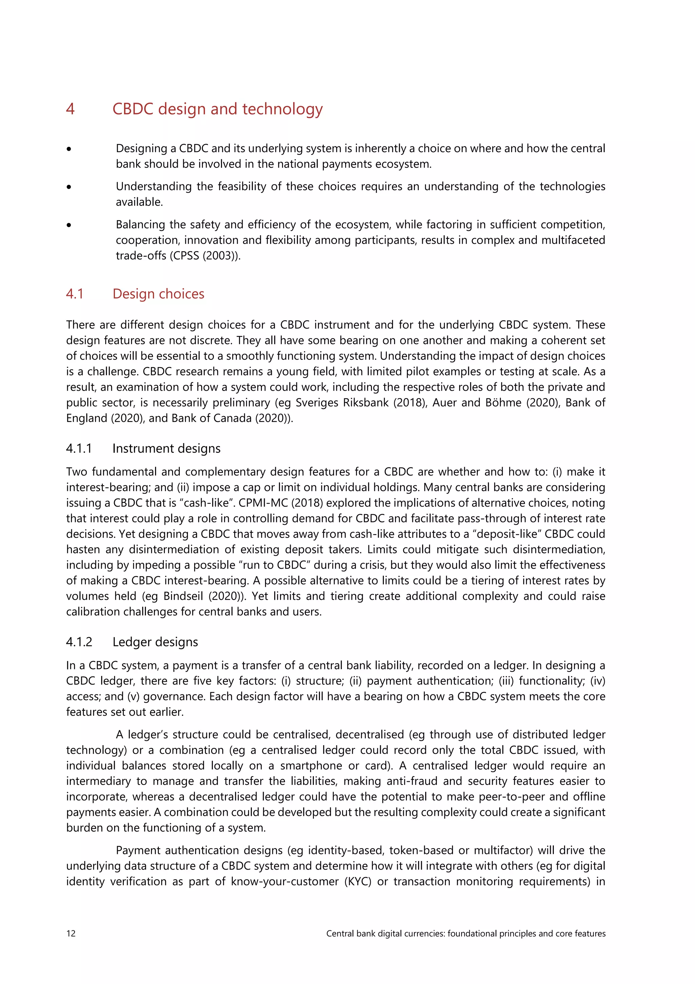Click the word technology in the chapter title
click(282, 109)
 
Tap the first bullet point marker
click(69, 149)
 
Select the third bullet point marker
click(69, 225)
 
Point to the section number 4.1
click(75, 294)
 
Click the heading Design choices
click(158, 294)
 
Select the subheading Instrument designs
click(166, 448)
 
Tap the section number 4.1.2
click(79, 642)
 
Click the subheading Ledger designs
click(155, 642)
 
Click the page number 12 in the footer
click(71, 933)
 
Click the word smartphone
click(311, 766)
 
